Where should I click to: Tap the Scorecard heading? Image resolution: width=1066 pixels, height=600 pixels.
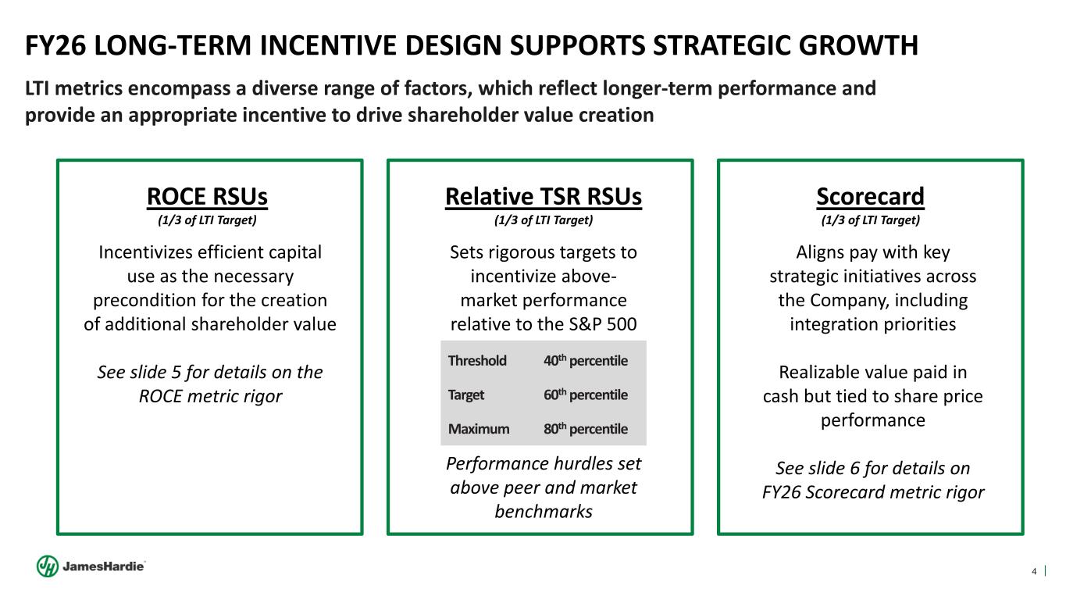(870, 197)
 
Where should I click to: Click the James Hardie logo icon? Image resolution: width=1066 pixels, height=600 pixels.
(47, 566)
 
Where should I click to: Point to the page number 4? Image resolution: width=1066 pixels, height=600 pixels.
(1035, 572)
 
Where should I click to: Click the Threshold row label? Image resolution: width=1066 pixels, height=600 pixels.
(477, 361)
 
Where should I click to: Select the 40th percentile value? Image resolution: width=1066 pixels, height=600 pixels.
(585, 361)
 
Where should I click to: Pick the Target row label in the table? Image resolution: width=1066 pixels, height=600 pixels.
(466, 395)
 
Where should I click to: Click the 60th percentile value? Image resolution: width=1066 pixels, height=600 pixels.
(585, 395)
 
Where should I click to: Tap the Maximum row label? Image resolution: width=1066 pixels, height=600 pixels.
(479, 429)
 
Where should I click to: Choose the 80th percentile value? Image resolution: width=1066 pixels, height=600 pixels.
(585, 429)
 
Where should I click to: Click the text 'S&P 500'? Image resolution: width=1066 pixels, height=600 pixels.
(605, 323)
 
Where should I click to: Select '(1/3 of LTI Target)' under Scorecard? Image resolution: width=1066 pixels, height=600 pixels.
(870, 220)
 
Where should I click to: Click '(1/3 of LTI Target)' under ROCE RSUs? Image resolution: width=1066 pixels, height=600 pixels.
(207, 220)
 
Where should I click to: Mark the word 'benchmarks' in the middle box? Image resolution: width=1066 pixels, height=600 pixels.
(543, 512)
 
